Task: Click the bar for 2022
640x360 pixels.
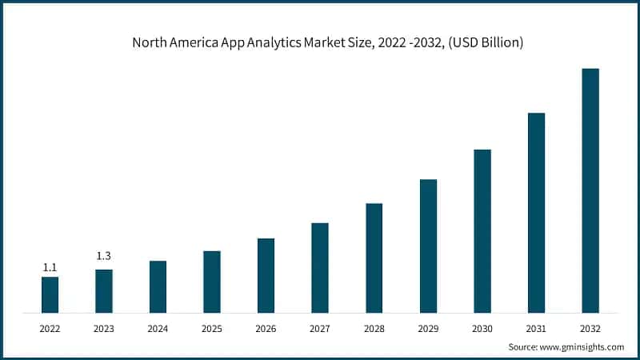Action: pyautogui.click(x=50, y=294)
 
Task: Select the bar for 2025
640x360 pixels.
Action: pyautogui.click(x=212, y=282)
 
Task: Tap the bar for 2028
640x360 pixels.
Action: pyautogui.click(x=374, y=258)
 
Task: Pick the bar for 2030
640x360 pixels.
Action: pyautogui.click(x=482, y=230)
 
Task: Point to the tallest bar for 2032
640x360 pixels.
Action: pyautogui.click(x=590, y=190)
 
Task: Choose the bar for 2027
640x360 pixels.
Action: pyautogui.click(x=320, y=267)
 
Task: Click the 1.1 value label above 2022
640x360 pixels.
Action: pyautogui.click(x=50, y=267)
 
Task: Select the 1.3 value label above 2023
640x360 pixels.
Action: pyautogui.click(x=104, y=256)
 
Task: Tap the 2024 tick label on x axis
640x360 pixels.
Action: pyautogui.click(x=158, y=329)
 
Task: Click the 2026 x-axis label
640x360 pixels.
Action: pyautogui.click(x=266, y=329)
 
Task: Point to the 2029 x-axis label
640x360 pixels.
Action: pyautogui.click(x=428, y=329)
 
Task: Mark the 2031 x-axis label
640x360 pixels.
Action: pyautogui.click(x=536, y=329)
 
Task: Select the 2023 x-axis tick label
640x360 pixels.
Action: pyautogui.click(x=104, y=329)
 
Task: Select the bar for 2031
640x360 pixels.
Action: pyautogui.click(x=536, y=212)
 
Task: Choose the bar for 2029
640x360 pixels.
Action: pyautogui.click(x=428, y=246)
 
